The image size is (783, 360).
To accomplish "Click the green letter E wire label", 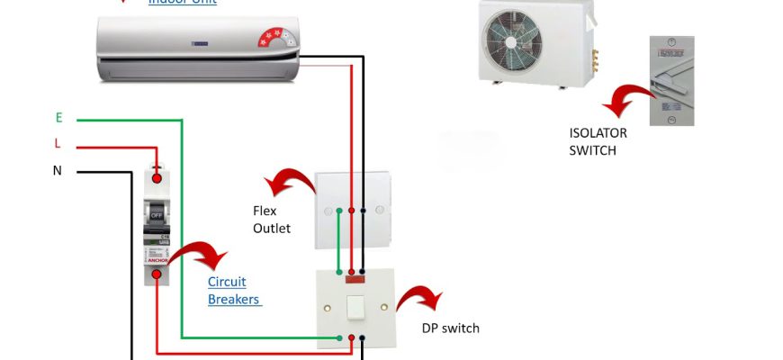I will [x=58, y=118].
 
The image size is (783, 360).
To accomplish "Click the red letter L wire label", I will [x=58, y=145].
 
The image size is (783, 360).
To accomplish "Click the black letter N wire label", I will [x=58, y=171].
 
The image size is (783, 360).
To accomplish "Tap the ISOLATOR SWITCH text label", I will [x=598, y=141].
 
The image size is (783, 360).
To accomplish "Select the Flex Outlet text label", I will [x=271, y=220].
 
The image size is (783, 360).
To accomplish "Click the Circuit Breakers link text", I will [x=234, y=291].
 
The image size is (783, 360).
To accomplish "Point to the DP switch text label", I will [x=450, y=328].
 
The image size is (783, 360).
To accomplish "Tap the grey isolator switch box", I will [x=671, y=81].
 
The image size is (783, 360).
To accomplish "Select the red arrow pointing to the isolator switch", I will [x=626, y=98].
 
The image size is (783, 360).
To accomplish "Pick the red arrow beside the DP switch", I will [x=418, y=300].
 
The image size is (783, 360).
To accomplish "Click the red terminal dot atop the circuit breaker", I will [x=157, y=178].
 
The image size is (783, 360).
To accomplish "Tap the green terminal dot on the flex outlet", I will [x=339, y=211].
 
